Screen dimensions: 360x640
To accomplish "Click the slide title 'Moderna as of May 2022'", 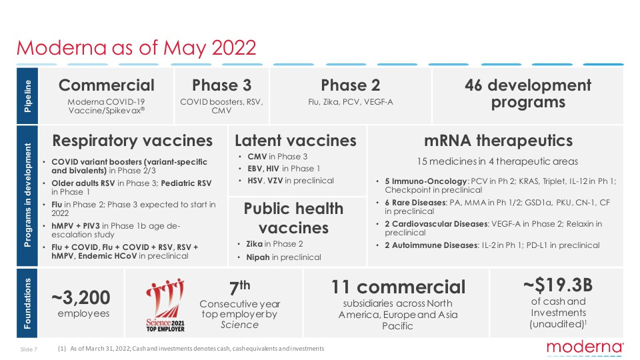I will (136, 48).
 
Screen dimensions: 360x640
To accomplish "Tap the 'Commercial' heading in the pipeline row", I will (106, 85).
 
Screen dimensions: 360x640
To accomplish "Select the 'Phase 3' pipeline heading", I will (222, 85).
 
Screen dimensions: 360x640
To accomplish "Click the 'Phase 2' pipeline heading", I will (351, 85).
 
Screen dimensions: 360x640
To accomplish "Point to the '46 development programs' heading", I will (527, 94).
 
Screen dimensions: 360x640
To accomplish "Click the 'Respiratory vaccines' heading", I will (132, 141).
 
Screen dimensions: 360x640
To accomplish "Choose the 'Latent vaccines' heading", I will (295, 141).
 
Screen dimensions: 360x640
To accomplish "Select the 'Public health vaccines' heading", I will (293, 218).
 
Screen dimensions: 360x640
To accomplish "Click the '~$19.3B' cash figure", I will (557, 285).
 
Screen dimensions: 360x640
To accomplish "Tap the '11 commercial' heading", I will (398, 287).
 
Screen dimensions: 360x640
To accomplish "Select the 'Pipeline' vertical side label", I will (27, 95).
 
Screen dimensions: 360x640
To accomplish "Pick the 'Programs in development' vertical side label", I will (27, 196).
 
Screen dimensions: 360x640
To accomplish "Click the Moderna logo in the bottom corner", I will (585, 347).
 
